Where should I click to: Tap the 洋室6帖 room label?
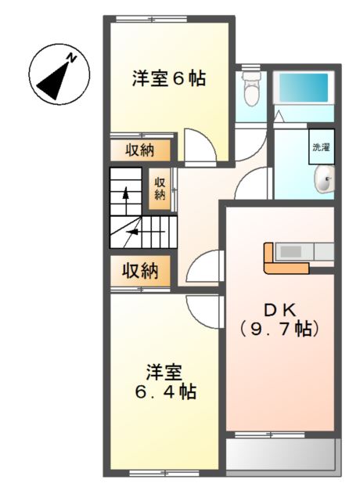pyautogui.click(x=168, y=79)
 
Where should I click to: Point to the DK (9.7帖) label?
pyautogui.click(x=279, y=319)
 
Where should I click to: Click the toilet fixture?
pyautogui.click(x=251, y=91)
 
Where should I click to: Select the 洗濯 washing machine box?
pyautogui.click(x=321, y=146)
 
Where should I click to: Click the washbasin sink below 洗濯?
pyautogui.click(x=323, y=182)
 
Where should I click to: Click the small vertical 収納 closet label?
pyautogui.click(x=160, y=189)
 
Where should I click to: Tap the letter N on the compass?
pyautogui.click(x=71, y=58)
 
